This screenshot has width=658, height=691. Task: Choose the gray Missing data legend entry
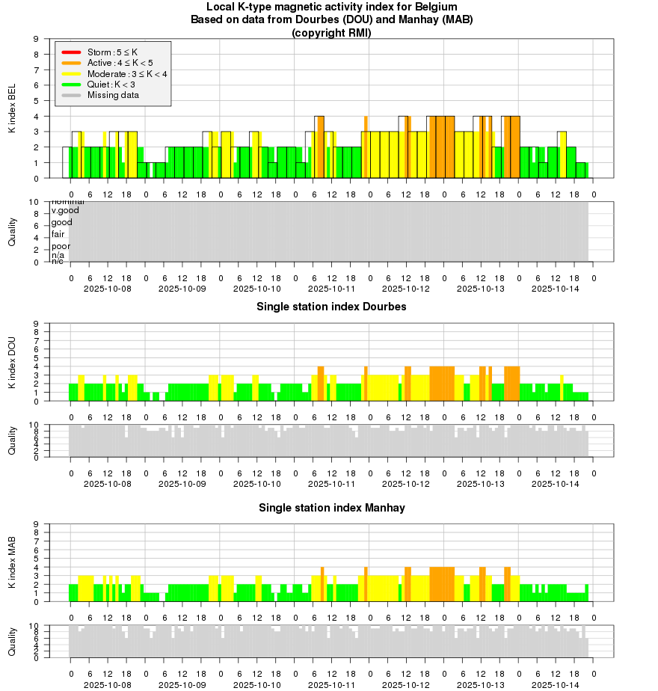coord(113,95)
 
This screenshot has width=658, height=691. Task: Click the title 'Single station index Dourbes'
coord(331,307)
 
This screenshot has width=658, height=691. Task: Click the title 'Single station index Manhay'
coord(331,508)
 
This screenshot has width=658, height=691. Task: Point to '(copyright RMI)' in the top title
coord(331,32)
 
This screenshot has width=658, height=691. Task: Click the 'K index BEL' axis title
coord(12,109)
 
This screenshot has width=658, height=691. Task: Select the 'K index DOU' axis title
coord(12,363)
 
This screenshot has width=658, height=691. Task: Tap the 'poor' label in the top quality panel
coord(61,246)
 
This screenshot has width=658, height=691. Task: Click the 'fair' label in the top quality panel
coord(58,234)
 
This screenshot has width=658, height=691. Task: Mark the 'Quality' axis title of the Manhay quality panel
coord(12,641)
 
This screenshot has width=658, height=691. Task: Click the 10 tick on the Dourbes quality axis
coord(34,425)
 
